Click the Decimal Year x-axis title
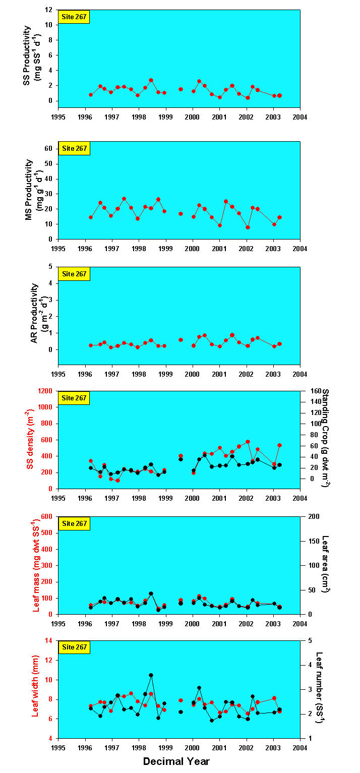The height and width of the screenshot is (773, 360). pos(176,761)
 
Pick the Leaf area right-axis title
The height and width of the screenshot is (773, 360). pos(325,563)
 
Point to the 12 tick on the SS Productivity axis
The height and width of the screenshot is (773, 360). pos(49,10)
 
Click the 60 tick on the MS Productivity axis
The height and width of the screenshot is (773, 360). pos(49,148)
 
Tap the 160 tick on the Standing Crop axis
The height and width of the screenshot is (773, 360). pos(309,391)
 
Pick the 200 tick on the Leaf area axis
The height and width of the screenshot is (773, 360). pos(309,516)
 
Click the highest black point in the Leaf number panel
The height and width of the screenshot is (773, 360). pos(151,675)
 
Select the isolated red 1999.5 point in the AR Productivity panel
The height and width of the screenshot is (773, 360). pos(181,340)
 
